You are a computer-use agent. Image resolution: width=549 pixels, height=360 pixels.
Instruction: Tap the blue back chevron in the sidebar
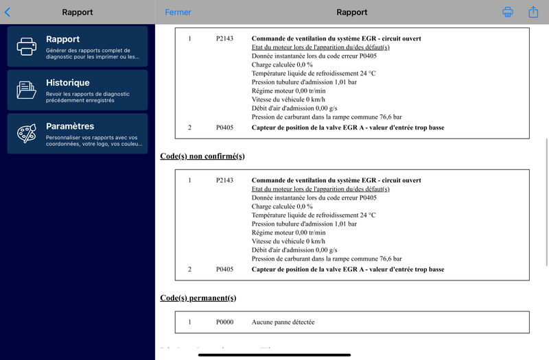(x=8, y=12)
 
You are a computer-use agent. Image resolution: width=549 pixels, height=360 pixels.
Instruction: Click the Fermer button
(x=178, y=12)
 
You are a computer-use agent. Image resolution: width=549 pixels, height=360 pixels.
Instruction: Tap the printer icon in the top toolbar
(x=508, y=12)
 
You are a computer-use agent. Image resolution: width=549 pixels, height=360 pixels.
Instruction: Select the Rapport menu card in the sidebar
(x=78, y=46)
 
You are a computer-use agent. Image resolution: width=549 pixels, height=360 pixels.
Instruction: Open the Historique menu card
(x=78, y=90)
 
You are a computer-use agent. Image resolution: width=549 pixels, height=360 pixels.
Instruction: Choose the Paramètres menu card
(x=78, y=133)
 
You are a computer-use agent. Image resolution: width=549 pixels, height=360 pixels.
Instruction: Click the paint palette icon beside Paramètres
(x=26, y=134)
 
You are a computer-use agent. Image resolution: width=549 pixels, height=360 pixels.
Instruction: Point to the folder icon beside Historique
(x=26, y=90)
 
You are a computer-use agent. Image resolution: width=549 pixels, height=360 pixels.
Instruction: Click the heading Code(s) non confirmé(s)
(x=202, y=156)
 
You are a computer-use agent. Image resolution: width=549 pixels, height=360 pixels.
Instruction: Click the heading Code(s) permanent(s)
(x=198, y=298)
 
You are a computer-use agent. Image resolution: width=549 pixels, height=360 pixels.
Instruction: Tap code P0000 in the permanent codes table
(x=224, y=322)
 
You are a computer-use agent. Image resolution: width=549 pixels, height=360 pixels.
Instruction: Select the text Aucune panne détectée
(x=283, y=322)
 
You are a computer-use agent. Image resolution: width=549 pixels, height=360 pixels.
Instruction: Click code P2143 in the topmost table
(x=224, y=38)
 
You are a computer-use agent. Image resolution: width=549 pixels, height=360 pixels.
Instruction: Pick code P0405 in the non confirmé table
(x=224, y=269)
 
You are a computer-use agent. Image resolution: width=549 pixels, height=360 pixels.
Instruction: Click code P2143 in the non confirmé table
(x=224, y=180)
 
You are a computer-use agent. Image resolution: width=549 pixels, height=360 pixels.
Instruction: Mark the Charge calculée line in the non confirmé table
(x=282, y=206)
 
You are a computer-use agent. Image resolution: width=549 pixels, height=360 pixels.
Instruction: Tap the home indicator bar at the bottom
(x=274, y=355)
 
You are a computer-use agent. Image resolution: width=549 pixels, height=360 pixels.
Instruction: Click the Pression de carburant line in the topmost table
(x=327, y=117)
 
